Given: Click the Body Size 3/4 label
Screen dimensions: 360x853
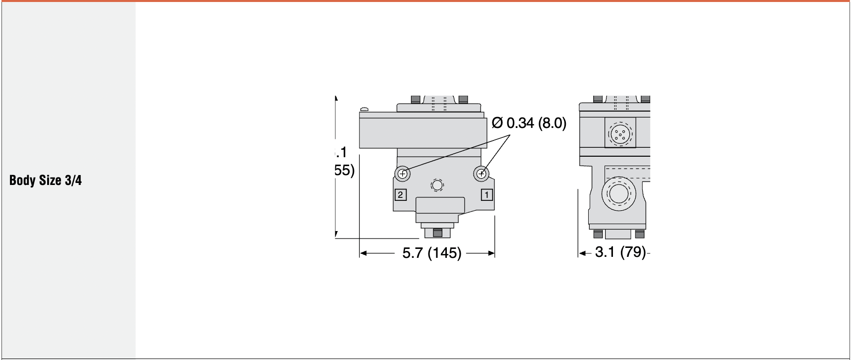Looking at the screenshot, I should click(45, 180).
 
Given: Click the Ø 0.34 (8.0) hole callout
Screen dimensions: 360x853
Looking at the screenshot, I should click(529, 123).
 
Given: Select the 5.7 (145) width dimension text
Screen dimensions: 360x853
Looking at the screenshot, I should click(431, 253).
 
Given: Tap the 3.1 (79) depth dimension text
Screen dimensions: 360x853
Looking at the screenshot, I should click(620, 252).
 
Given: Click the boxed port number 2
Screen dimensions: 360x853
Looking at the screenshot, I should click(401, 195).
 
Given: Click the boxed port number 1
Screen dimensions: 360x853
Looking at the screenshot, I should click(487, 195).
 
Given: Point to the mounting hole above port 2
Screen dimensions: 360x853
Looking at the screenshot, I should click(403, 173).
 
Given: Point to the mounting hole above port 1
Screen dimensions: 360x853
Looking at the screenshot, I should click(481, 173).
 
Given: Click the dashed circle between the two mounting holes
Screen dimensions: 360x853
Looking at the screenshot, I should click(436, 185).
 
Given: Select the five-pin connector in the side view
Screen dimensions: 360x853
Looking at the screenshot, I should click(619, 133).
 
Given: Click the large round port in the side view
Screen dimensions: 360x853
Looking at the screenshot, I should click(618, 194).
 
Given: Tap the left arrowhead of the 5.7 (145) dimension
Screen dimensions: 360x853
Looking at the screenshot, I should click(363, 253).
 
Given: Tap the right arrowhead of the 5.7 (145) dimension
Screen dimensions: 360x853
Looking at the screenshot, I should click(491, 253).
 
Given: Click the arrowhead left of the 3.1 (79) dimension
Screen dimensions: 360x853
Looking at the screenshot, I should click(581, 253).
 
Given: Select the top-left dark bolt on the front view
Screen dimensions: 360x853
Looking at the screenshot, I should click(416, 99).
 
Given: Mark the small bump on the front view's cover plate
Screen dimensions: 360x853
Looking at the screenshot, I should click(365, 109).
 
